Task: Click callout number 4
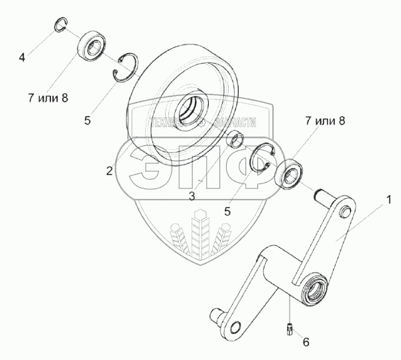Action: point(22,58)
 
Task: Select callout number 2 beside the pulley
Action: point(109,171)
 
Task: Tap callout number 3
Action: point(191,196)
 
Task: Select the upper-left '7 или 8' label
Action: point(48,99)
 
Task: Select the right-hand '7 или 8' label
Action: point(325,121)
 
